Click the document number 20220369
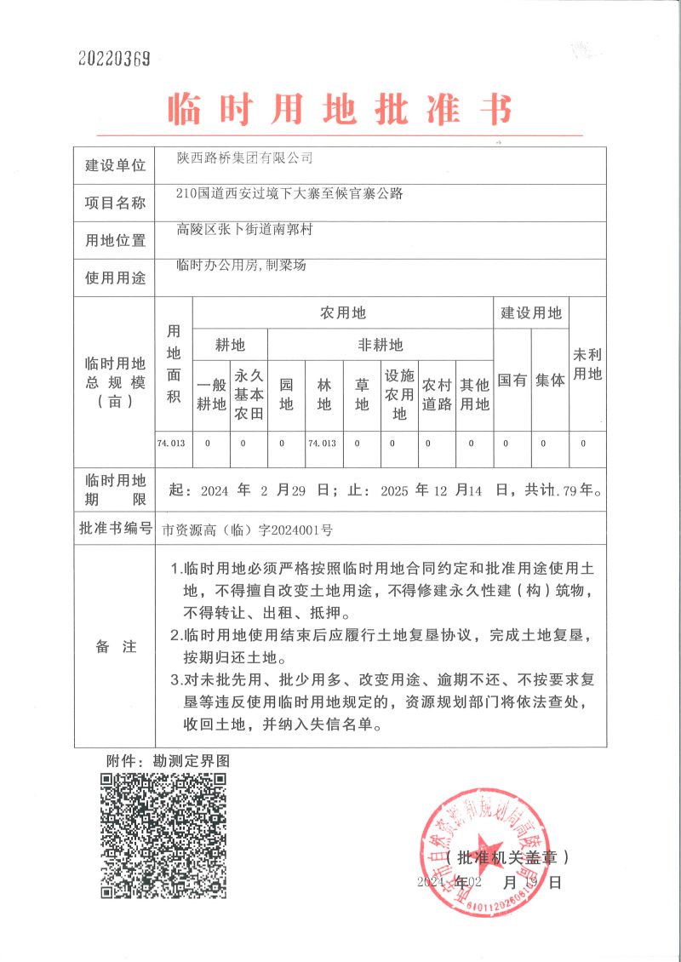114,59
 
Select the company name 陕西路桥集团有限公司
244,157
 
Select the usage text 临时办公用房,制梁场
241,265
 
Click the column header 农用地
342,313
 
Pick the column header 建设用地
531,313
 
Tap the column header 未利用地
587,364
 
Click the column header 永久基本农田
249,394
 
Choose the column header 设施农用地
399,394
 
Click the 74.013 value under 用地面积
174,444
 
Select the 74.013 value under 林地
323,444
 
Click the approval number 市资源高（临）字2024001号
248,530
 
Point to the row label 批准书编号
115,528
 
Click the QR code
163,836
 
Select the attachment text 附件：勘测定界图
168,759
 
